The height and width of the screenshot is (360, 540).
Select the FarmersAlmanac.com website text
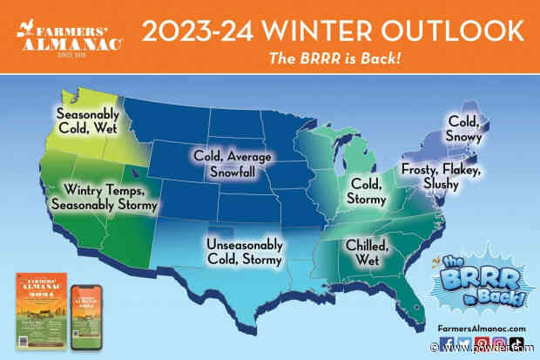click(482, 328)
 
